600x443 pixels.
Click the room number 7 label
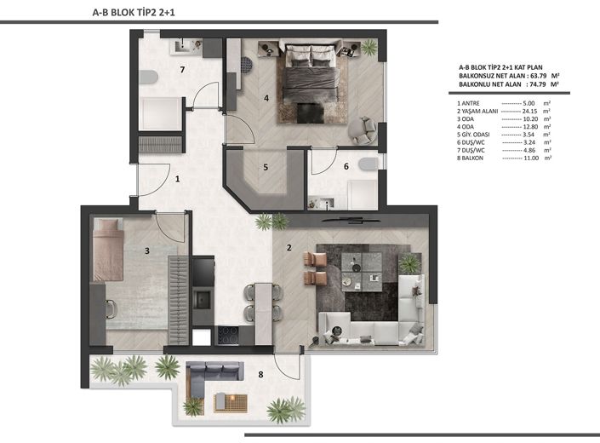(x=182, y=70)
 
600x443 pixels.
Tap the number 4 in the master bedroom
(x=266, y=99)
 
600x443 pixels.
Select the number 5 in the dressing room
(x=266, y=167)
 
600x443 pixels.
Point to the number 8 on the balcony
(x=260, y=374)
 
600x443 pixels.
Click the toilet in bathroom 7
(x=148, y=77)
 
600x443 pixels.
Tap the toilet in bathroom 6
(x=369, y=164)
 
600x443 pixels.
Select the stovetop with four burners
(x=228, y=335)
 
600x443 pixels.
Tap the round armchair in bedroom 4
(x=363, y=129)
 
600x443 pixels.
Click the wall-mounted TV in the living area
(x=351, y=220)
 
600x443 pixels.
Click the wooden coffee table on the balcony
(x=231, y=403)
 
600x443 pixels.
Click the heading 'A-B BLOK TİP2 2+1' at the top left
(x=134, y=13)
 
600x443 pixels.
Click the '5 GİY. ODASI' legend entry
(x=473, y=135)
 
